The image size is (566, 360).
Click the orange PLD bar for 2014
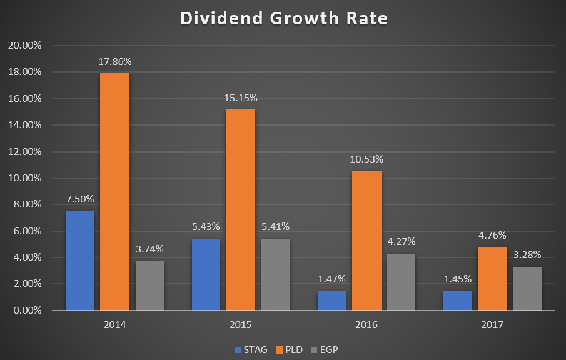coord(115,191)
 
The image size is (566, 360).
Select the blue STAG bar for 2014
coord(80,261)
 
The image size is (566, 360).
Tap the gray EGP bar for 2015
coord(275,274)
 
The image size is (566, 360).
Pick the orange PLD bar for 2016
coord(366,240)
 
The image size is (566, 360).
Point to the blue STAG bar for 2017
coord(457,301)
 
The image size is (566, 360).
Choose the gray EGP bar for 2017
coord(527,289)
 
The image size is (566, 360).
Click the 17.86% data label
coord(115,62)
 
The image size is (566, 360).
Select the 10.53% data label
coord(366,159)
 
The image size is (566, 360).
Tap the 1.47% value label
coord(331,279)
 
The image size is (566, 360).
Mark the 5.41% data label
coord(275,226)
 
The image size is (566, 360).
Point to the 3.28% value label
coord(527,255)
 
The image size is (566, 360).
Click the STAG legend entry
coord(251,350)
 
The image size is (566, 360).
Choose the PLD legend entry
coord(289,350)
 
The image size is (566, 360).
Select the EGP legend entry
coord(325,350)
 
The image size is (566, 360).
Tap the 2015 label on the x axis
coord(240,324)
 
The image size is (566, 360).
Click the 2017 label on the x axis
coord(492,324)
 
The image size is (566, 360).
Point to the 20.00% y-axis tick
coord(25,46)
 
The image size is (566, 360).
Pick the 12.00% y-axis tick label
coord(25,151)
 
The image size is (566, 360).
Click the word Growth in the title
coord(305,18)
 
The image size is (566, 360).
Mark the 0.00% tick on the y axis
coord(28,310)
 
